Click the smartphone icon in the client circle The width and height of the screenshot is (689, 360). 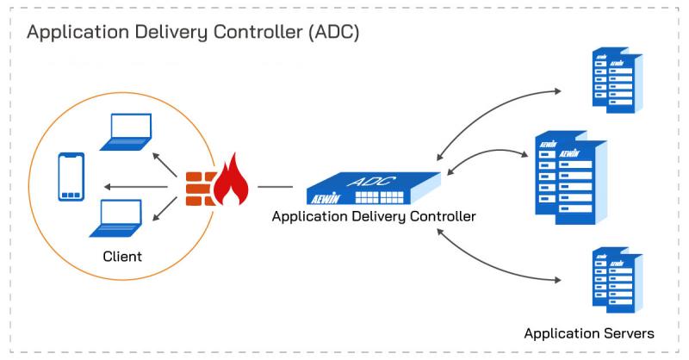[x=71, y=177]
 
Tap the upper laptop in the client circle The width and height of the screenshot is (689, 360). [x=127, y=132]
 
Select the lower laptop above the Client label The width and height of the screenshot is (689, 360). [x=116, y=219]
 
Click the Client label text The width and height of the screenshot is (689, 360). [x=122, y=257]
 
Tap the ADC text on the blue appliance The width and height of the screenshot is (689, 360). [x=371, y=181]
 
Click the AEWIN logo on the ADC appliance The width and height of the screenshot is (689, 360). [x=326, y=199]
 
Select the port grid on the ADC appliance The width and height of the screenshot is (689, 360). [x=379, y=197]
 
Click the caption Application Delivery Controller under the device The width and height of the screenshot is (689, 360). [x=374, y=216]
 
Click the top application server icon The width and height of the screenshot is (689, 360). [x=618, y=80]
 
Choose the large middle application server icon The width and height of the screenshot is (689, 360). [x=571, y=177]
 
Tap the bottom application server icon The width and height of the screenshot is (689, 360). [x=618, y=280]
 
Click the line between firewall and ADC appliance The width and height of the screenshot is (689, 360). [x=275, y=187]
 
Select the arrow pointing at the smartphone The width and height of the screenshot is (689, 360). [x=135, y=187]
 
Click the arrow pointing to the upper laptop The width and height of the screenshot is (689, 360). [x=164, y=164]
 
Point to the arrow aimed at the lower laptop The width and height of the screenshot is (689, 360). [x=164, y=208]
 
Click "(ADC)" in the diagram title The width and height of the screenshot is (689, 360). [x=333, y=32]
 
